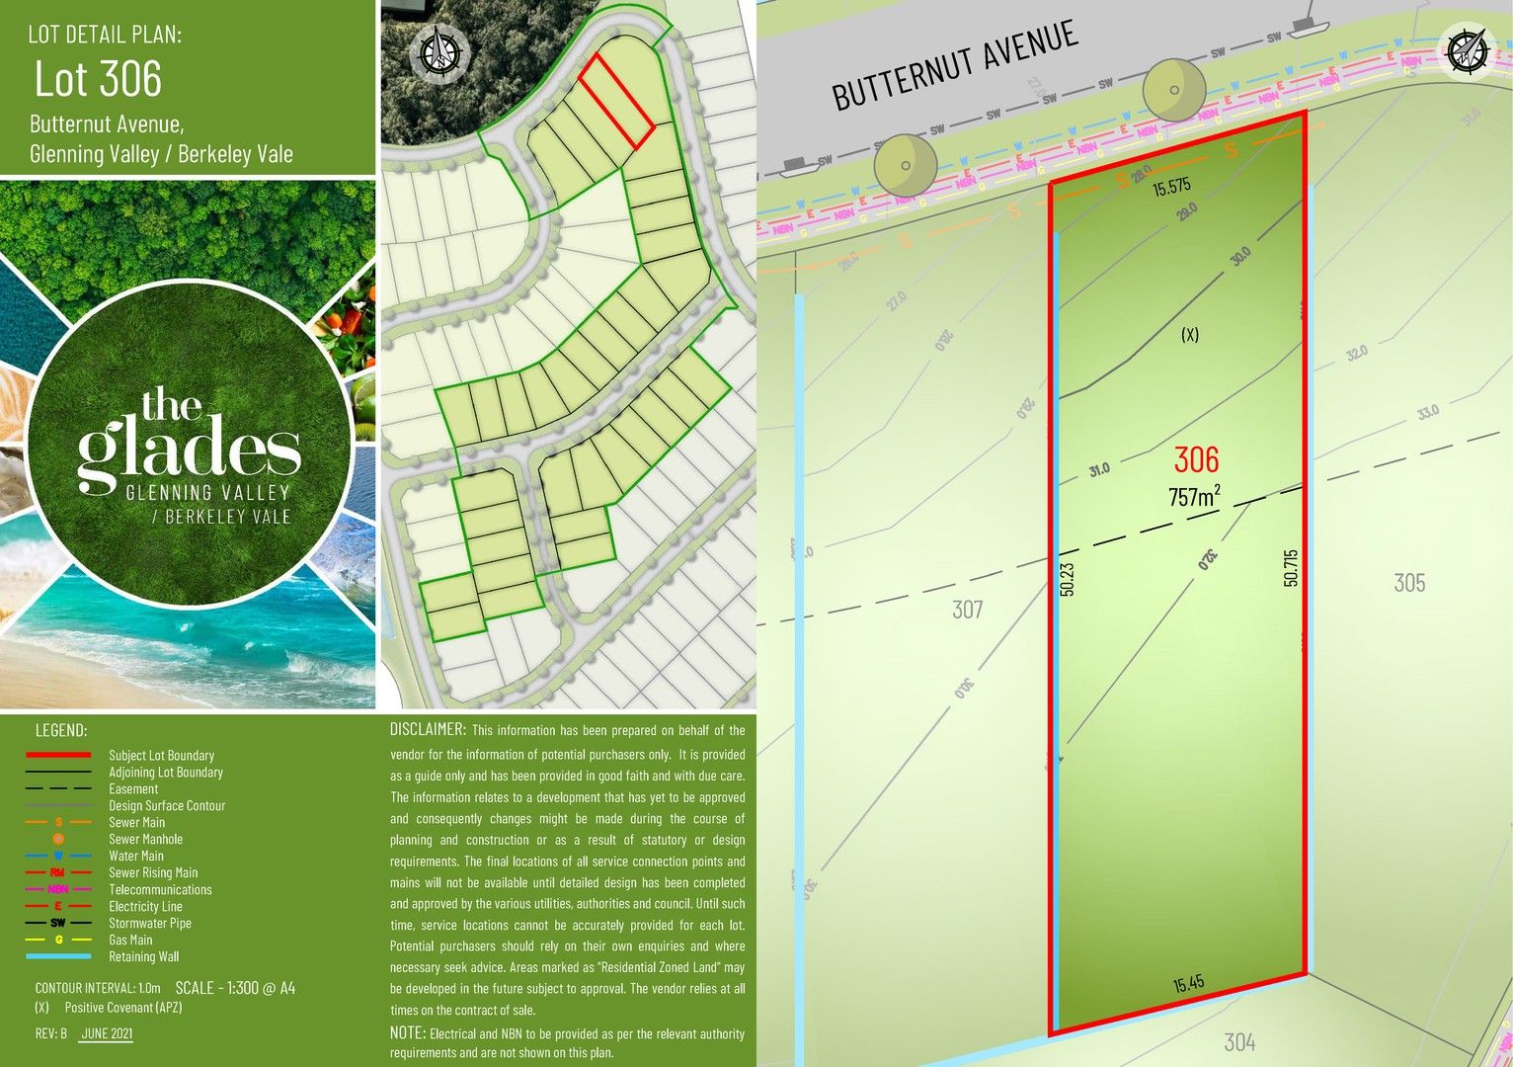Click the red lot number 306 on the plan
(1196, 459)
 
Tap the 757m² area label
(1193, 496)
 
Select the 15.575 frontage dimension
(1172, 186)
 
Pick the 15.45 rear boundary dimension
(1188, 984)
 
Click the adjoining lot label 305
(1408, 583)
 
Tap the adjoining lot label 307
(967, 610)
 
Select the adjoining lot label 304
(1239, 1041)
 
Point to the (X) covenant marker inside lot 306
(1190, 335)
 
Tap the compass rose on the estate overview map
(440, 50)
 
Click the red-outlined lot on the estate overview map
(614, 101)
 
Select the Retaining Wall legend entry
(143, 956)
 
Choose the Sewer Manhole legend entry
(145, 839)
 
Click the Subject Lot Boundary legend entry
(161, 756)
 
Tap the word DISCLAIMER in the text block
(428, 730)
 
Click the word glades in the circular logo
(189, 451)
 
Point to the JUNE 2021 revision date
(107, 1033)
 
